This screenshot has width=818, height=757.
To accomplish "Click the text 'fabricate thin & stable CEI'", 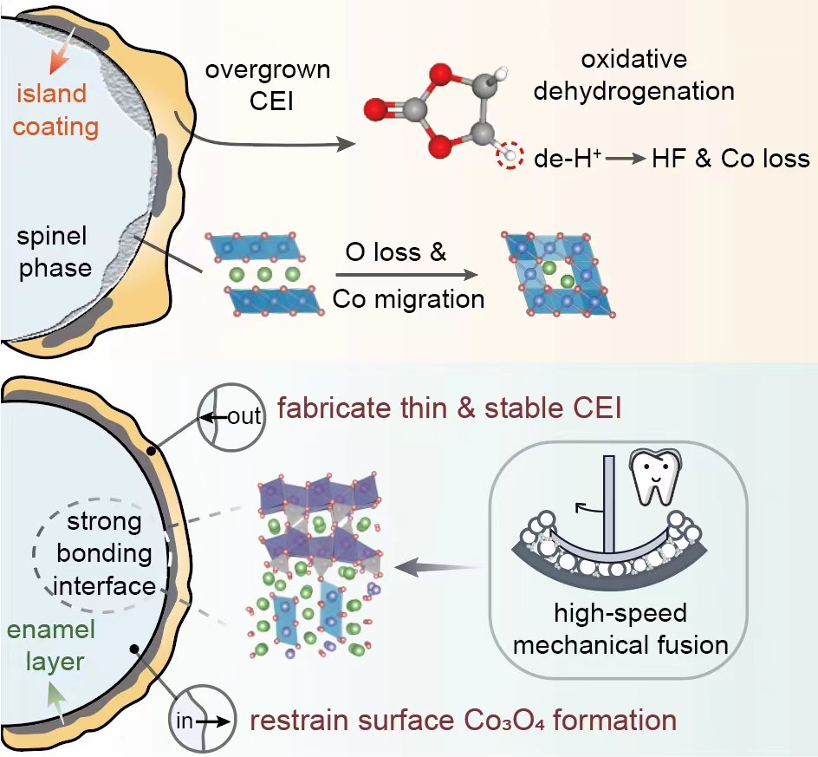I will [449, 405].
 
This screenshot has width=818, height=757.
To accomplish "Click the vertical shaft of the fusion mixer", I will [610, 503].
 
